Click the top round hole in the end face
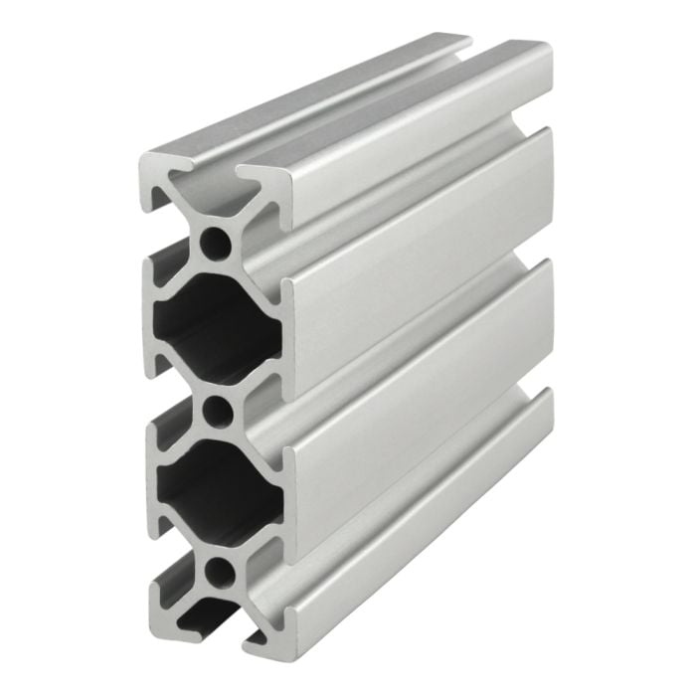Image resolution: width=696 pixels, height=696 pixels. [213, 241]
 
